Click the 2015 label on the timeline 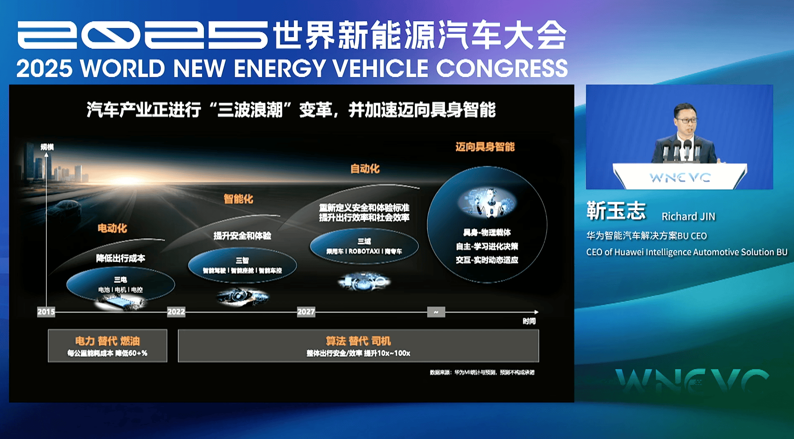pos(46,312)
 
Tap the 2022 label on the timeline pos(176,312)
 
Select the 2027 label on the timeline pos(306,312)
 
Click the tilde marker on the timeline pos(436,312)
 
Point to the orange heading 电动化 pos(112,228)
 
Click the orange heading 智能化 pos(238,199)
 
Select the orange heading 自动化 pos(365,169)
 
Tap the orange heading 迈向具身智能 pos(485,147)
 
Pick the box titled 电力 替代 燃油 pos(108,346)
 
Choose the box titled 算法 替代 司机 pos(358,346)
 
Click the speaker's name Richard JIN pos(688,216)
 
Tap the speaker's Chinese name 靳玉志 pos(616,211)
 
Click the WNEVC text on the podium pos(680,177)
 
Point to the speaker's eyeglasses pos(686,120)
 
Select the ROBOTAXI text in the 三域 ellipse pos(364,251)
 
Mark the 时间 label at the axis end pos(529,321)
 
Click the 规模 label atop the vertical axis pos(47,147)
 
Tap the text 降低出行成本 pos(121,259)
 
